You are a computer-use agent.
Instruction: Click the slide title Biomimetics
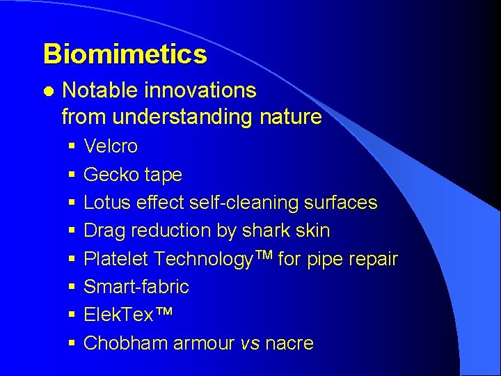click(x=125, y=54)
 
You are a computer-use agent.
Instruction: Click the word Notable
click(x=100, y=91)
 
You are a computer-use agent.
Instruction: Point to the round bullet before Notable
click(x=47, y=91)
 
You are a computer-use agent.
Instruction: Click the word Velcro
click(x=111, y=146)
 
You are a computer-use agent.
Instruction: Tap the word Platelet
click(x=116, y=259)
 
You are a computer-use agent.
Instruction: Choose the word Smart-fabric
click(x=136, y=287)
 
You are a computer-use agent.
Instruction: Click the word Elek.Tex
click(x=118, y=315)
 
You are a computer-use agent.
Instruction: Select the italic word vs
click(x=249, y=343)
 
